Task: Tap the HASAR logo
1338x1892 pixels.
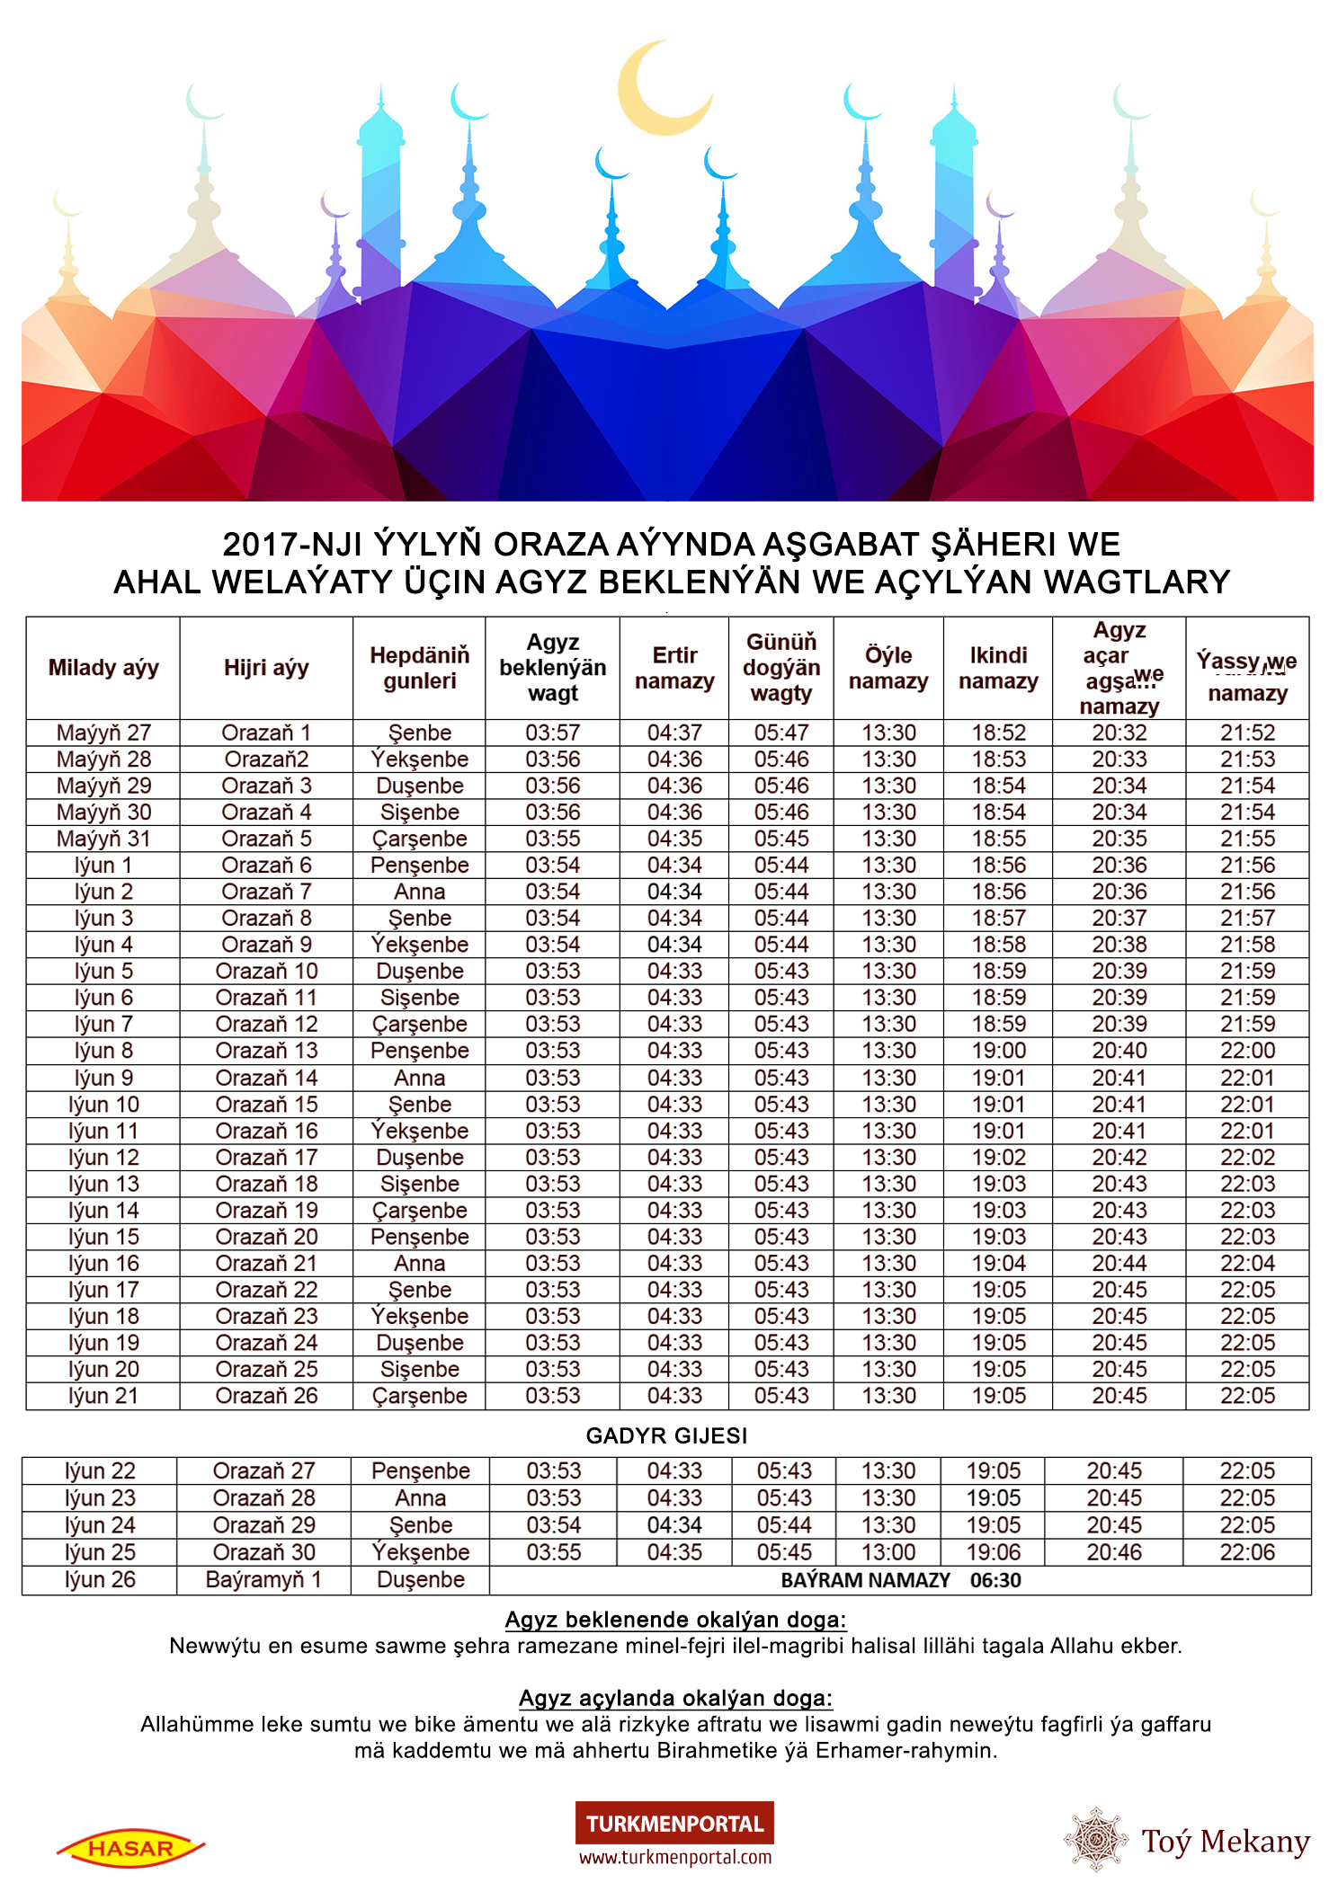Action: (x=131, y=1848)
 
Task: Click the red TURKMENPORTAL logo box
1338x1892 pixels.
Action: (x=674, y=1823)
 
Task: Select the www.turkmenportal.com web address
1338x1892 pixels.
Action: (x=674, y=1857)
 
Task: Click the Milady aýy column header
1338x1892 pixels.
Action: (x=103, y=668)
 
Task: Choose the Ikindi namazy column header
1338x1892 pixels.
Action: (x=998, y=668)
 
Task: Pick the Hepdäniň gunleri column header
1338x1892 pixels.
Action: (x=420, y=668)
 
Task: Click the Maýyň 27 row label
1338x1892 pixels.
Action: (x=103, y=733)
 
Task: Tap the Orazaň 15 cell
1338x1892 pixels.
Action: (x=266, y=1104)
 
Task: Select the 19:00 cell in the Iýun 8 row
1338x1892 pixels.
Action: (x=998, y=1051)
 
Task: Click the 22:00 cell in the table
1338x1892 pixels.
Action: (x=1247, y=1051)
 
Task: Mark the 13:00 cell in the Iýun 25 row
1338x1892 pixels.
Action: (x=888, y=1552)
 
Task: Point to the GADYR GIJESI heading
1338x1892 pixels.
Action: (x=666, y=1435)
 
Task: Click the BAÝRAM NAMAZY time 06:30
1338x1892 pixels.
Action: (x=995, y=1580)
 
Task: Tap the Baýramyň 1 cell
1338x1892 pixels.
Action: (x=263, y=1579)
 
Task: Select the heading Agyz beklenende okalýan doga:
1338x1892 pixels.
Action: (x=675, y=1620)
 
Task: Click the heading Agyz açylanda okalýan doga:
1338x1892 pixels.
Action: (x=675, y=1698)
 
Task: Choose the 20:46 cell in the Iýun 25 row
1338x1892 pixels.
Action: (x=1114, y=1552)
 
